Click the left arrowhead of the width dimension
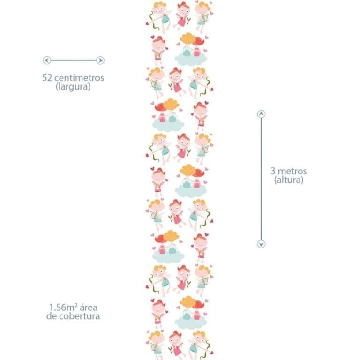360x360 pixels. point(47,60)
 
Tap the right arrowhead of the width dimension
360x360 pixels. point(100,60)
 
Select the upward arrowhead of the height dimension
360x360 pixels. point(261,114)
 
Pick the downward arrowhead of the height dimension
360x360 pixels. point(261,244)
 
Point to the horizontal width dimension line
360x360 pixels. point(74,60)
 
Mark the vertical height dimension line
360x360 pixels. point(261,179)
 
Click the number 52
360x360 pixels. point(47,78)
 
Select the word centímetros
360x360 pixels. point(79,78)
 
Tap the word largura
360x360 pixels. point(73,87)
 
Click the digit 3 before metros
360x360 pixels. point(273,171)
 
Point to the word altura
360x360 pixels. point(289,180)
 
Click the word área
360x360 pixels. point(89,307)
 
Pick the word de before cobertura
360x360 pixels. point(52,316)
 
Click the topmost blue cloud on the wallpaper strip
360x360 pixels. point(191,59)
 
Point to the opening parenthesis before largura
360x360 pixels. point(57,87)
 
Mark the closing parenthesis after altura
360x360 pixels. point(302,180)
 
